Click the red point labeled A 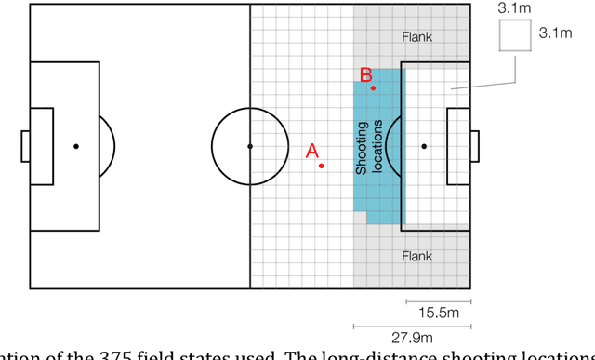tap(321, 166)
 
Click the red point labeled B tap(373, 88)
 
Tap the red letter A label tap(312, 150)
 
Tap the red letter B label tap(366, 74)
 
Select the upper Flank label tap(417, 38)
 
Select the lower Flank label tap(417, 256)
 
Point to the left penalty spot tap(76, 146)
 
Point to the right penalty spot tap(424, 146)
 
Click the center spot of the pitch tap(249, 146)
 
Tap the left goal tap(26, 146)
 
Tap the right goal tap(475, 146)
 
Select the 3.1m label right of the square tap(555, 33)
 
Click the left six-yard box tap(43, 146)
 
